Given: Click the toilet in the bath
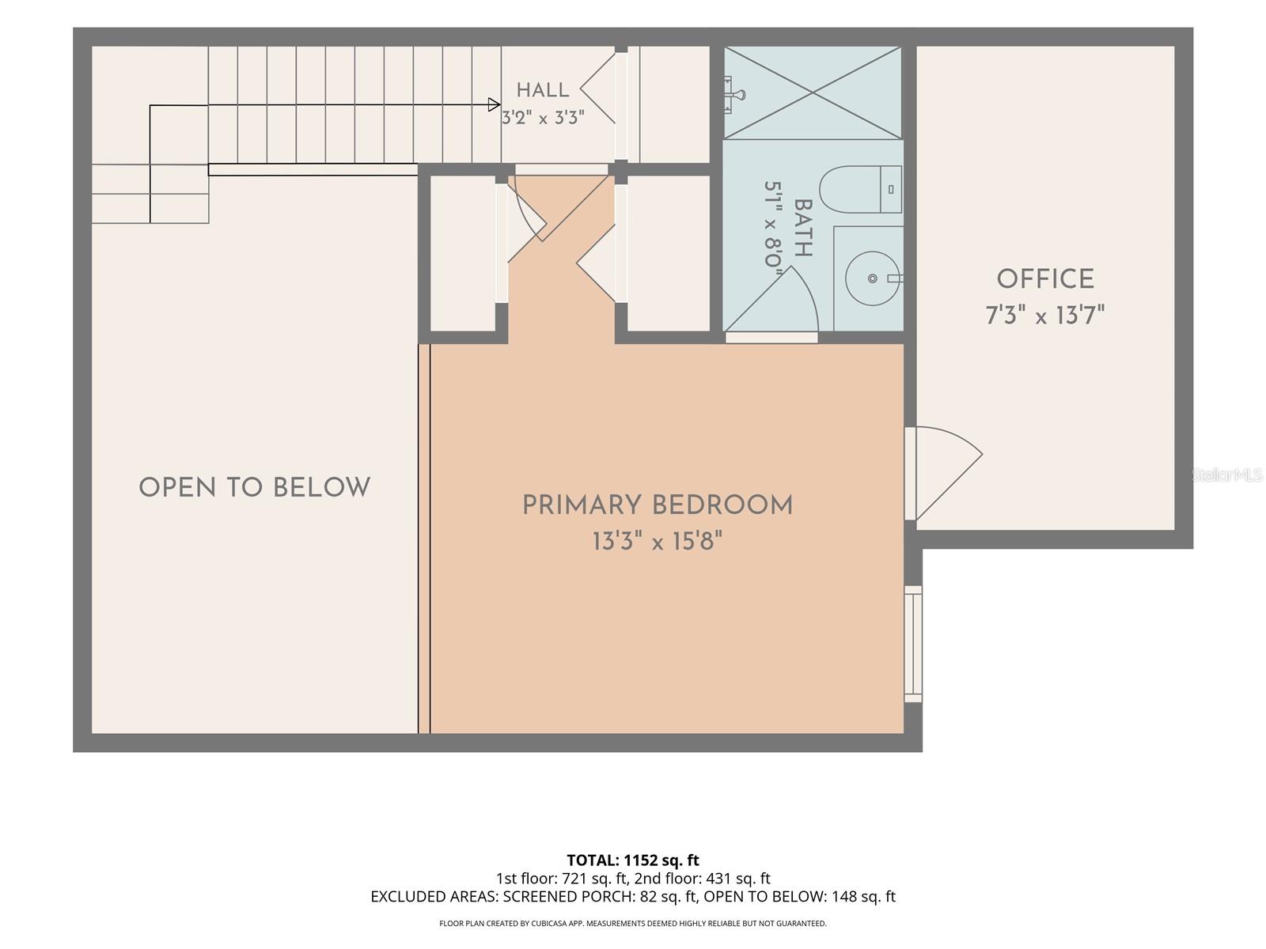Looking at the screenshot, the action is pos(860,190).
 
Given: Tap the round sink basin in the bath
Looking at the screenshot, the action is pos(872,278).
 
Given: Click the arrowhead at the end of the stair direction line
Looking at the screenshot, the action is pos(494,105).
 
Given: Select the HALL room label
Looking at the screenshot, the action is pos(543,90).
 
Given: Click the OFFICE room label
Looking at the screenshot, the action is pos(1045,279).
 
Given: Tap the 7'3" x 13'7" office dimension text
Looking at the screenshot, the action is pos(1044,316).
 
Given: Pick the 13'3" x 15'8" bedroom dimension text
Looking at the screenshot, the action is pos(658,541).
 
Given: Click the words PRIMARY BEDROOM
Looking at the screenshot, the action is pos(658,505).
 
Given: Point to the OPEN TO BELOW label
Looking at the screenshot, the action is pos(254,487).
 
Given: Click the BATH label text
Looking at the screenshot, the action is pos(803,229).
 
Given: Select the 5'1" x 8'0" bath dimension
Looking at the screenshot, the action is pos(773,225).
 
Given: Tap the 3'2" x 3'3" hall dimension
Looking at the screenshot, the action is pos(543,118).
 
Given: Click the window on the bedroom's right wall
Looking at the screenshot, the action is pos(913,644).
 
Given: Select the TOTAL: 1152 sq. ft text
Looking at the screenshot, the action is pos(633,860).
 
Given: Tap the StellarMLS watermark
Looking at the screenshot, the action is pos(1226,475).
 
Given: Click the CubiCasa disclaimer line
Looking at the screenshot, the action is pos(633,924).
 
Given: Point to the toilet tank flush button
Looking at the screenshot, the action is pos(891,189).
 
